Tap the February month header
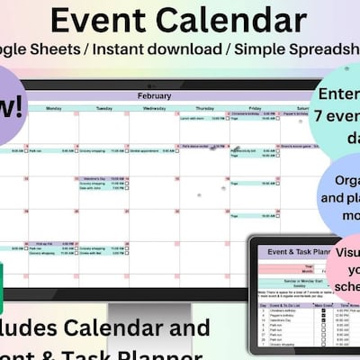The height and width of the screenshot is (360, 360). [x=154, y=95]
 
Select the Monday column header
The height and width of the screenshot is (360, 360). [x=53, y=108]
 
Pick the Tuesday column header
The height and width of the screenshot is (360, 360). [x=103, y=108]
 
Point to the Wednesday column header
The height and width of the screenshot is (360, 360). [x=154, y=108]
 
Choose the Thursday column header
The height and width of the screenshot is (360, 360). [x=204, y=108]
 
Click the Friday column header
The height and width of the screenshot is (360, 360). [x=255, y=108]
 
